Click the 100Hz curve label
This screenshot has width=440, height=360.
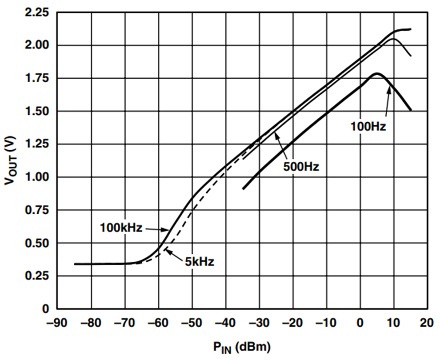368,127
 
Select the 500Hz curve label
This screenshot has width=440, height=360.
301,167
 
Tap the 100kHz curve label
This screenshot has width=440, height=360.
121,227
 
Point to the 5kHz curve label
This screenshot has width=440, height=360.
199,262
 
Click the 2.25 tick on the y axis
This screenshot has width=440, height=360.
37,13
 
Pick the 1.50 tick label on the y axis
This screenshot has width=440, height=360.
37,112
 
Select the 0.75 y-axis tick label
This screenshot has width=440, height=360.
37,210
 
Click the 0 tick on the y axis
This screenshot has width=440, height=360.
45,309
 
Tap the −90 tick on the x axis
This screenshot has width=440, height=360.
57,323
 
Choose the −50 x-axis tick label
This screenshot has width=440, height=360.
192,323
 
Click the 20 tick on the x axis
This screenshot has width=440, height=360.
427,323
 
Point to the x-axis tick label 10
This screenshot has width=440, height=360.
394,323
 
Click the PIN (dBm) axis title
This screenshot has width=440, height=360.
242,348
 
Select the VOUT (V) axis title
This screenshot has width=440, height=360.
11,160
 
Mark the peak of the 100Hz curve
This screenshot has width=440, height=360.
377,74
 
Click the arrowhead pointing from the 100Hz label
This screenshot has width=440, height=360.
389,90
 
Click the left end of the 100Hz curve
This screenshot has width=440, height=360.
243,189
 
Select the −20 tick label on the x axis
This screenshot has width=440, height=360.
293,323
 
